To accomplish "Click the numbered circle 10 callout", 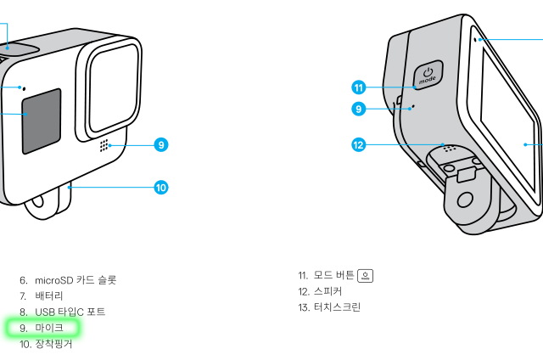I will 160,187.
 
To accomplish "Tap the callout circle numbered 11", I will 358,87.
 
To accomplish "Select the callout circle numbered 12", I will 358,144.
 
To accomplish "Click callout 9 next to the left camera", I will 160,144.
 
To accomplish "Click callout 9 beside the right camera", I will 358,109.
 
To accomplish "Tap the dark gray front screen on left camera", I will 41,120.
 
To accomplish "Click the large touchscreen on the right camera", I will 507,119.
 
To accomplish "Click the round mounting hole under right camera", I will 465,201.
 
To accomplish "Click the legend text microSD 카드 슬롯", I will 76,279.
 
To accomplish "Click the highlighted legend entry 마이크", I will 48,328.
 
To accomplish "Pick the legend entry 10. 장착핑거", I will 53,344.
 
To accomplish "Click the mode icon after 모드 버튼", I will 366,275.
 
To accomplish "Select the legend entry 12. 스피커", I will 327,291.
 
